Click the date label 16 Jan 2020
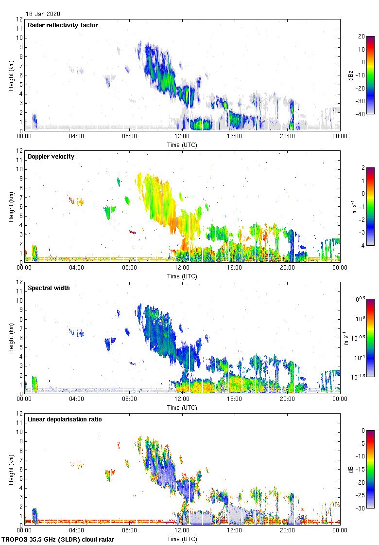(x=43, y=14)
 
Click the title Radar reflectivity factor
(x=63, y=25)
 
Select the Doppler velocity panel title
(x=51, y=157)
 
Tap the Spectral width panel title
(x=50, y=288)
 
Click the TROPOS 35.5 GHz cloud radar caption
(x=59, y=539)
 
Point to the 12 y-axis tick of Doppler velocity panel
(x=19, y=151)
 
